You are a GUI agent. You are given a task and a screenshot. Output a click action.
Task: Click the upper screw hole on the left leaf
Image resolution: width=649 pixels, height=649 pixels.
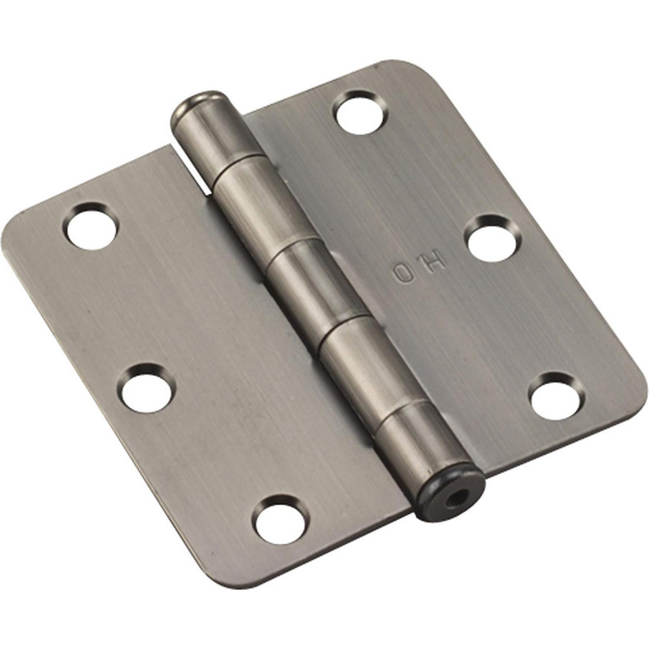92,227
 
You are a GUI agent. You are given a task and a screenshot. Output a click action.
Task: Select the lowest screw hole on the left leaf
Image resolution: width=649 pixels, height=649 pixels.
279,519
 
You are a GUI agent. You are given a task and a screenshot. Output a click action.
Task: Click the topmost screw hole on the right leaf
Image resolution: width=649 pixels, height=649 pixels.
360,113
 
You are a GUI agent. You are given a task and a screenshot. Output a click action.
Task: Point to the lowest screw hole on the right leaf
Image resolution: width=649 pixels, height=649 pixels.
556,395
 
